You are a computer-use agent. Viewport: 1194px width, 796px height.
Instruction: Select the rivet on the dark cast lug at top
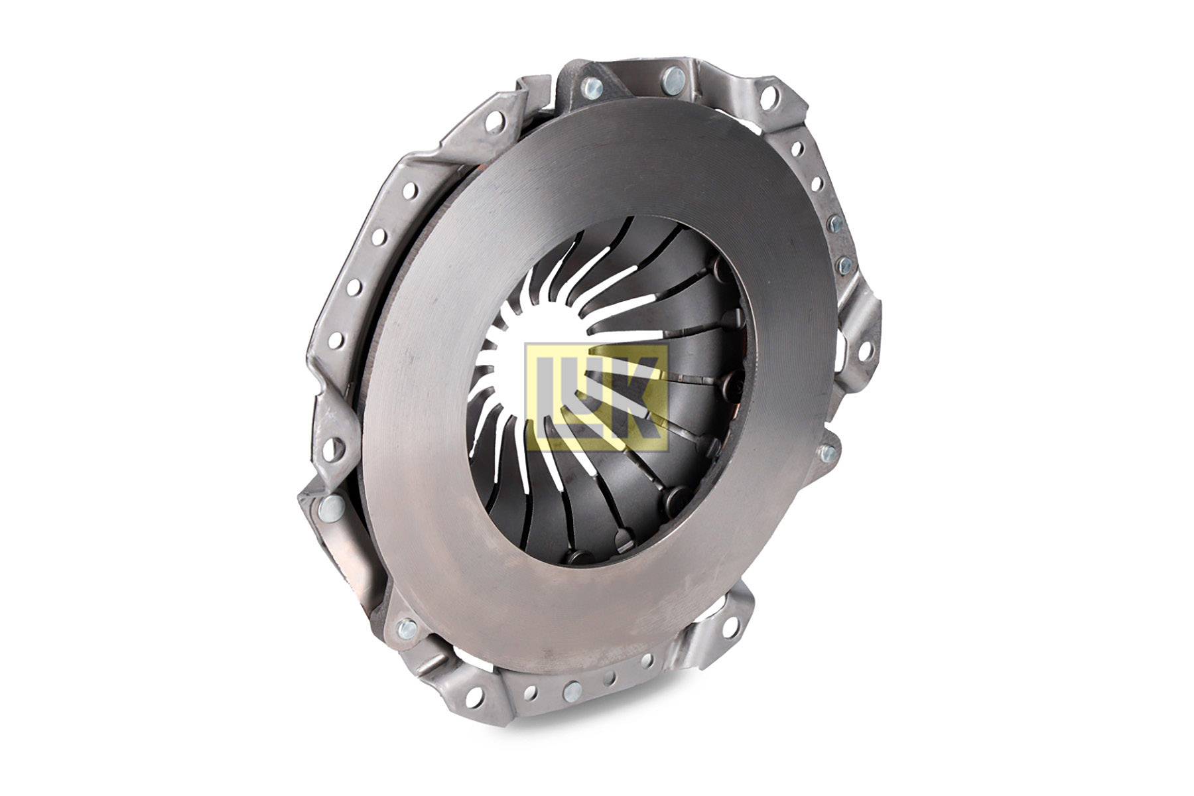click(590, 87)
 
